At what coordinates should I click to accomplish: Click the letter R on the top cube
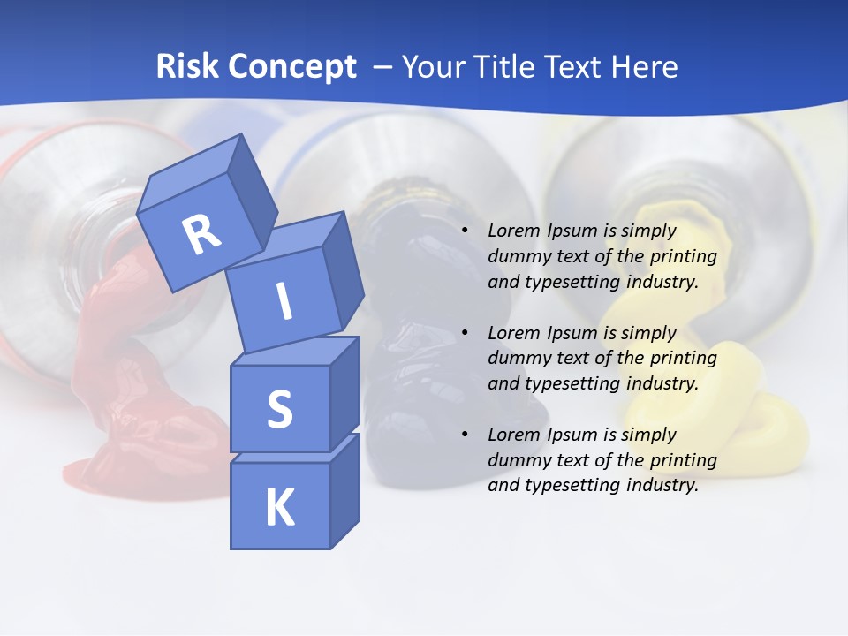[x=202, y=234]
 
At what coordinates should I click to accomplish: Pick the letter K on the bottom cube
[x=280, y=507]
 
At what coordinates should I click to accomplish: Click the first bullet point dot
[x=466, y=231]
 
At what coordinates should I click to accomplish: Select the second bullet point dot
[x=466, y=333]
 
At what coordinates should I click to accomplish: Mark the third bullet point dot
[x=466, y=435]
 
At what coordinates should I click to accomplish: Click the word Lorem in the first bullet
[x=513, y=231]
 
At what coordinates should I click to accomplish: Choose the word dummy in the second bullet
[x=516, y=358]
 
